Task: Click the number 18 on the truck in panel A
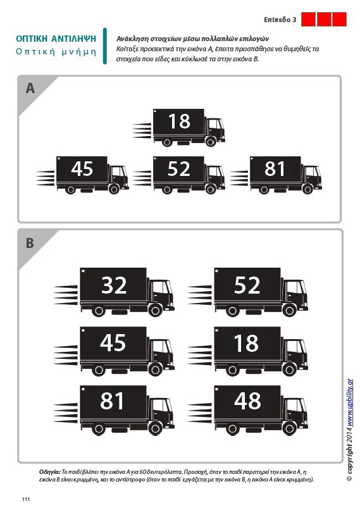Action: (x=179, y=121)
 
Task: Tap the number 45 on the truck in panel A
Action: (x=82, y=168)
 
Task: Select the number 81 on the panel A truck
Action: (x=275, y=168)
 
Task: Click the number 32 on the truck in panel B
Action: (x=114, y=285)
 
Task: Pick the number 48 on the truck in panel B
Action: (x=247, y=401)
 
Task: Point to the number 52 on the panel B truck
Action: (x=247, y=285)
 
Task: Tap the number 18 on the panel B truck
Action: (x=246, y=343)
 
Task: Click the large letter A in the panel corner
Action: (x=30, y=88)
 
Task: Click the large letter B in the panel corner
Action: (x=30, y=243)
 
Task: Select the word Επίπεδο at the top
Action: (x=277, y=20)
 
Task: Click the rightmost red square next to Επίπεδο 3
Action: (x=340, y=19)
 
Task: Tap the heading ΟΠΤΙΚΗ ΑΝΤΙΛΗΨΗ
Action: (x=56, y=39)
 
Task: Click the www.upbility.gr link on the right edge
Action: (x=350, y=402)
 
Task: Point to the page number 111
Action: (x=26, y=499)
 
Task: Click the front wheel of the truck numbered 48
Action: (x=289, y=428)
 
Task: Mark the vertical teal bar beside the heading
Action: (x=105, y=46)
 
